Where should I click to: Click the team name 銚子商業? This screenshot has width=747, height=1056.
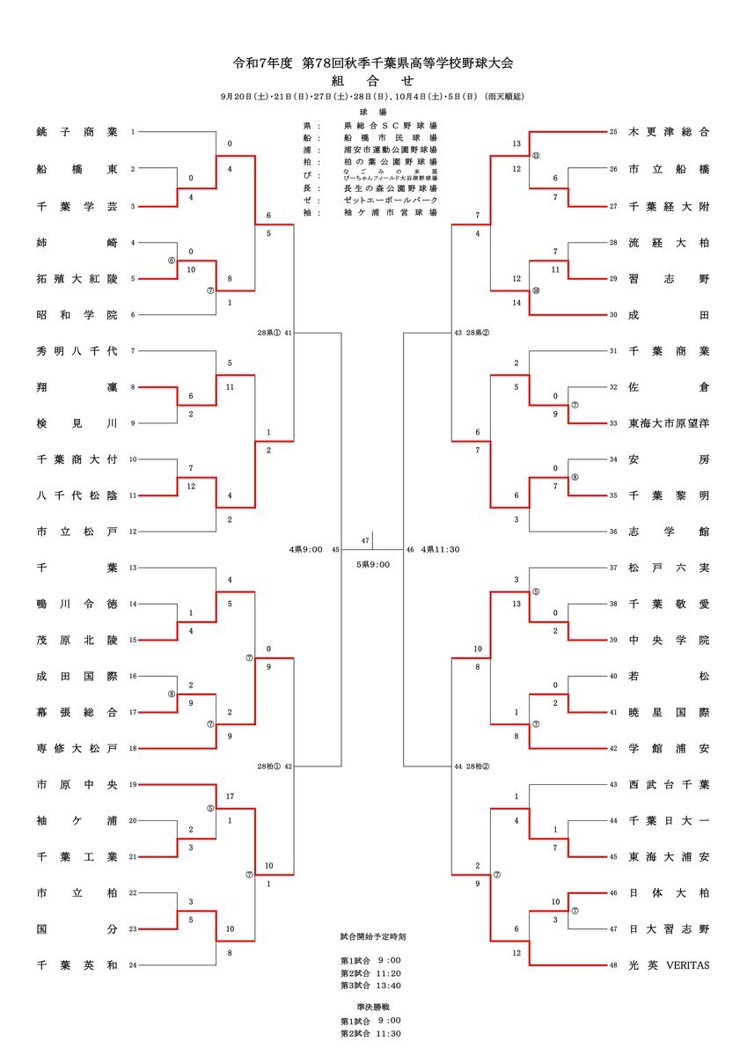[77, 132]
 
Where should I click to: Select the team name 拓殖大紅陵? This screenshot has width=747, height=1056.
[77, 278]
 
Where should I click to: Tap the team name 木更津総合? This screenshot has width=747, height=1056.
[669, 132]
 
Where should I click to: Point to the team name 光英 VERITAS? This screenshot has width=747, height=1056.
[669, 965]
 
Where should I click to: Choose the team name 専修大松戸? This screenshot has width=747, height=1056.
[77, 748]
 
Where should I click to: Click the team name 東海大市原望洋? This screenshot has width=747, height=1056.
[669, 423]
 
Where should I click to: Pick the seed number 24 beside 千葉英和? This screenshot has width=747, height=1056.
[133, 965]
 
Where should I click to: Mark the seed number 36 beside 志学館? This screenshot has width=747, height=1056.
[613, 532]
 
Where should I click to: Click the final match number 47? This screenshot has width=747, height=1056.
[365, 539]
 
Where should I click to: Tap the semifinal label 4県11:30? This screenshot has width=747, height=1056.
[440, 549]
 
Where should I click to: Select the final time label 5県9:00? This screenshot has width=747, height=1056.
[373, 564]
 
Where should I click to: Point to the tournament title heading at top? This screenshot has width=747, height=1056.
[372, 63]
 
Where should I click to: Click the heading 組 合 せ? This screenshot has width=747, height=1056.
[372, 80]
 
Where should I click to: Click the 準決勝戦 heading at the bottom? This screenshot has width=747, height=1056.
[373, 1005]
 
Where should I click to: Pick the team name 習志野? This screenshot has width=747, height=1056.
[669, 278]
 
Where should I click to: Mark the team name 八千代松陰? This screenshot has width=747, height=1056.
[77, 495]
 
